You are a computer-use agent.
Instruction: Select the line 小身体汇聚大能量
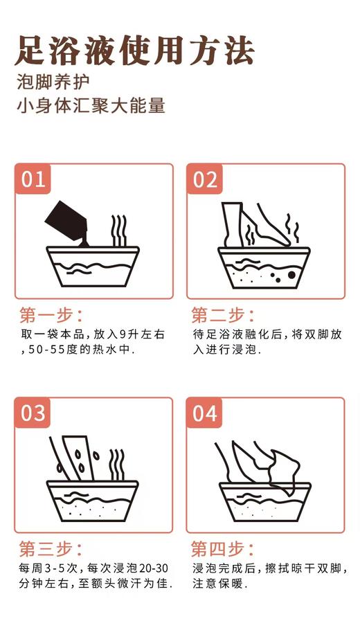click(91, 107)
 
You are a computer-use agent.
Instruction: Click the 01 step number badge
click(33, 180)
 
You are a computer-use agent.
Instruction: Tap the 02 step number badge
click(205, 180)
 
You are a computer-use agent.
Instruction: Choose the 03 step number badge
click(33, 413)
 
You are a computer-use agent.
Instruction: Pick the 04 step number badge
click(205, 413)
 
